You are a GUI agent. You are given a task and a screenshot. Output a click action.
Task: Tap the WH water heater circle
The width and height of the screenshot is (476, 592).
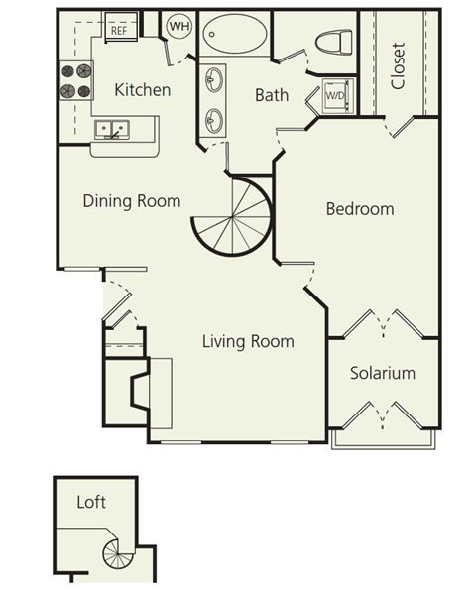tap(179, 26)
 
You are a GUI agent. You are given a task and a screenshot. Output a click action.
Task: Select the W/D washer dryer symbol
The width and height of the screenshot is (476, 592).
tap(333, 97)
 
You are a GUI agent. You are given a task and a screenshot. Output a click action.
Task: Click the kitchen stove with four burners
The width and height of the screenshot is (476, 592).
tap(76, 80)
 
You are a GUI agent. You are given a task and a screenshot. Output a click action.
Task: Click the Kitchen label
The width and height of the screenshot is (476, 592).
tap(143, 90)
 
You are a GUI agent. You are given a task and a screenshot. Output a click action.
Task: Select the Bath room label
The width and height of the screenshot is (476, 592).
tap(271, 95)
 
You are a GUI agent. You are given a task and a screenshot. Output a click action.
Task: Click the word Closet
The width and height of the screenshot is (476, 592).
tap(399, 65)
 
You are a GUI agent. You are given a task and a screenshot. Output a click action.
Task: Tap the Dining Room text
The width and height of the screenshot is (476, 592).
tap(132, 201)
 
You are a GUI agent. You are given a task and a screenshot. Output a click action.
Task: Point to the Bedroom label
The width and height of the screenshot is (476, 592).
tap(360, 209)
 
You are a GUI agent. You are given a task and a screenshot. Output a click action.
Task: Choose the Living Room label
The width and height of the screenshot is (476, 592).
tap(248, 342)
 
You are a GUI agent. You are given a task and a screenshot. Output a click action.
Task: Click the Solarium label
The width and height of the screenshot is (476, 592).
tap(382, 374)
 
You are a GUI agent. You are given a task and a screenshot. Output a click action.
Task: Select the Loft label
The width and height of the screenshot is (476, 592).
tap(91, 502)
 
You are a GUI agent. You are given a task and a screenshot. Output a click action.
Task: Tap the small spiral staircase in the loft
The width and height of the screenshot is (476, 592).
tap(114, 558)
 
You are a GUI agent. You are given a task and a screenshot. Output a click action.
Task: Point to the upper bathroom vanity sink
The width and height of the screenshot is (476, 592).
tap(214, 80)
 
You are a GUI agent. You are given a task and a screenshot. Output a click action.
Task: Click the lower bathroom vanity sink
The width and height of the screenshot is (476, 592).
tap(214, 120)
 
